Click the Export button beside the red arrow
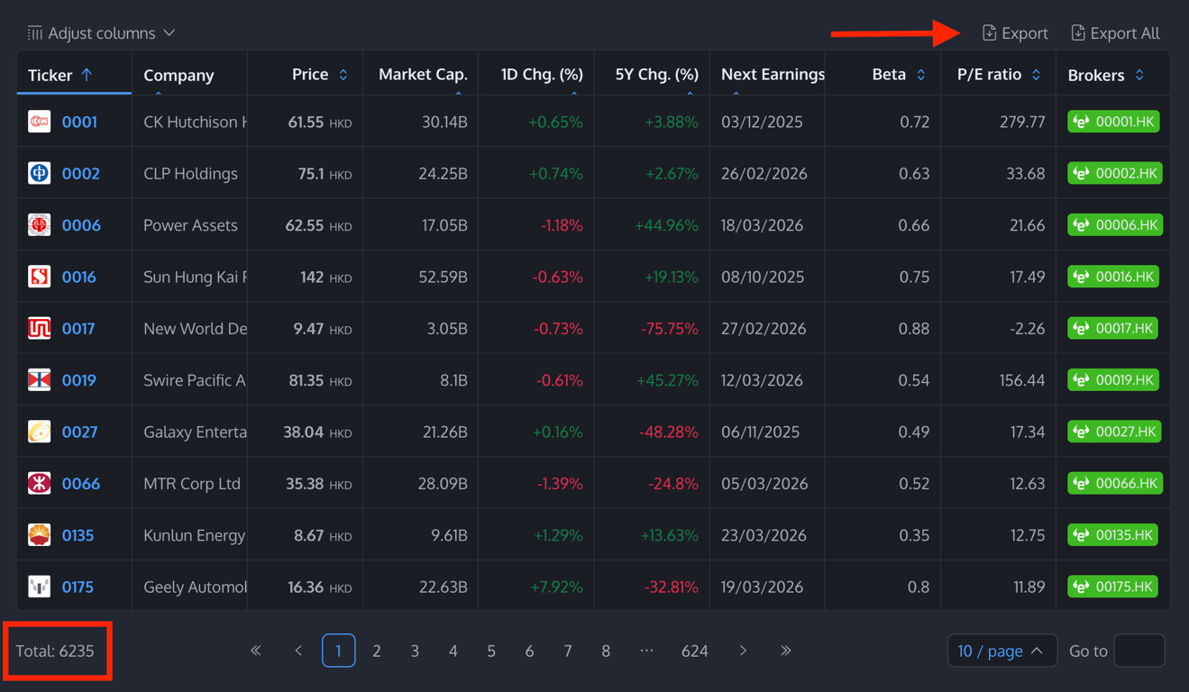1015,33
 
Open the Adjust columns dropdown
101,33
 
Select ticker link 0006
81,225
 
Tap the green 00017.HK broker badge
1113,329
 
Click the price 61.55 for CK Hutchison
306,122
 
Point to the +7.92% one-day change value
557,587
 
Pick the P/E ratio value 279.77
1022,122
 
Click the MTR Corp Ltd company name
192,484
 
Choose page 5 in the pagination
491,651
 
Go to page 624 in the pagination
694,651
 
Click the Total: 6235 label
55,651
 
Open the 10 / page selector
1001,651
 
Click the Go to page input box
1139,651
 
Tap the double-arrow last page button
786,651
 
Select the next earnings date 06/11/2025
760,432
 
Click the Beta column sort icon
920,75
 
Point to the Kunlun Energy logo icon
39,535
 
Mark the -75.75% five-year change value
669,329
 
